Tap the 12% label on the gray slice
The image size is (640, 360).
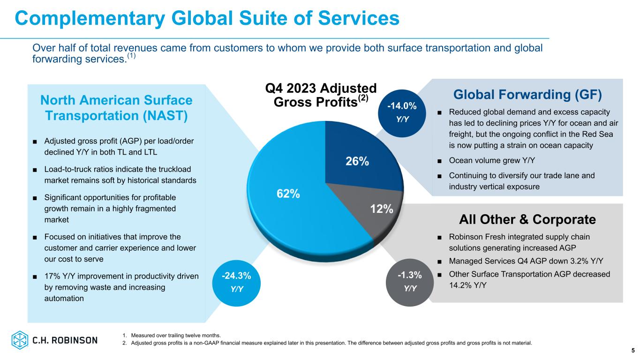(x=382, y=209)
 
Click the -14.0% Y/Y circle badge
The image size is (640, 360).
(x=402, y=113)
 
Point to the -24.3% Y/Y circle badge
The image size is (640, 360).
(x=237, y=281)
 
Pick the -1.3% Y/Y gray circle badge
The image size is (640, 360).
(x=410, y=281)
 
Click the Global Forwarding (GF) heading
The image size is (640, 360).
(x=527, y=95)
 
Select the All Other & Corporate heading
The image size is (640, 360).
(x=527, y=219)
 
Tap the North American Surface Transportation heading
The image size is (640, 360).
(x=116, y=108)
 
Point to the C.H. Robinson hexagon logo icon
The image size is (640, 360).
(x=20, y=340)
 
